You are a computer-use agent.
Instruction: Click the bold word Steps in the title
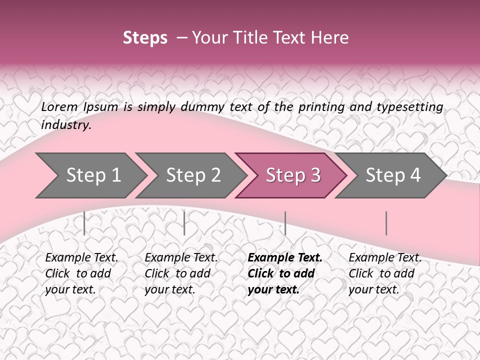(145, 38)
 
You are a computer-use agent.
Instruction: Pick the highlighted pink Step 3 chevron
(291, 175)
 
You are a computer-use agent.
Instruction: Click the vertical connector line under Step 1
(84, 223)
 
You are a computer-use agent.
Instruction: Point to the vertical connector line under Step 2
(184, 223)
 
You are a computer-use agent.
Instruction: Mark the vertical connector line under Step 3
(285, 223)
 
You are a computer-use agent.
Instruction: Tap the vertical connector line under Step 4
(386, 223)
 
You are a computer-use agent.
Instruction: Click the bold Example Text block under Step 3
(285, 273)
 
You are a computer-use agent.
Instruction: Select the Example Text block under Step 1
(81, 273)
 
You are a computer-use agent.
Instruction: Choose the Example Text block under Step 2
(181, 273)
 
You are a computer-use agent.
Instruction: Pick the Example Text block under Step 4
(385, 273)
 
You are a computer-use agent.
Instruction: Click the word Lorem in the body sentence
(59, 106)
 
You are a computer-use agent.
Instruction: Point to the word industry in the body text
(66, 125)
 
